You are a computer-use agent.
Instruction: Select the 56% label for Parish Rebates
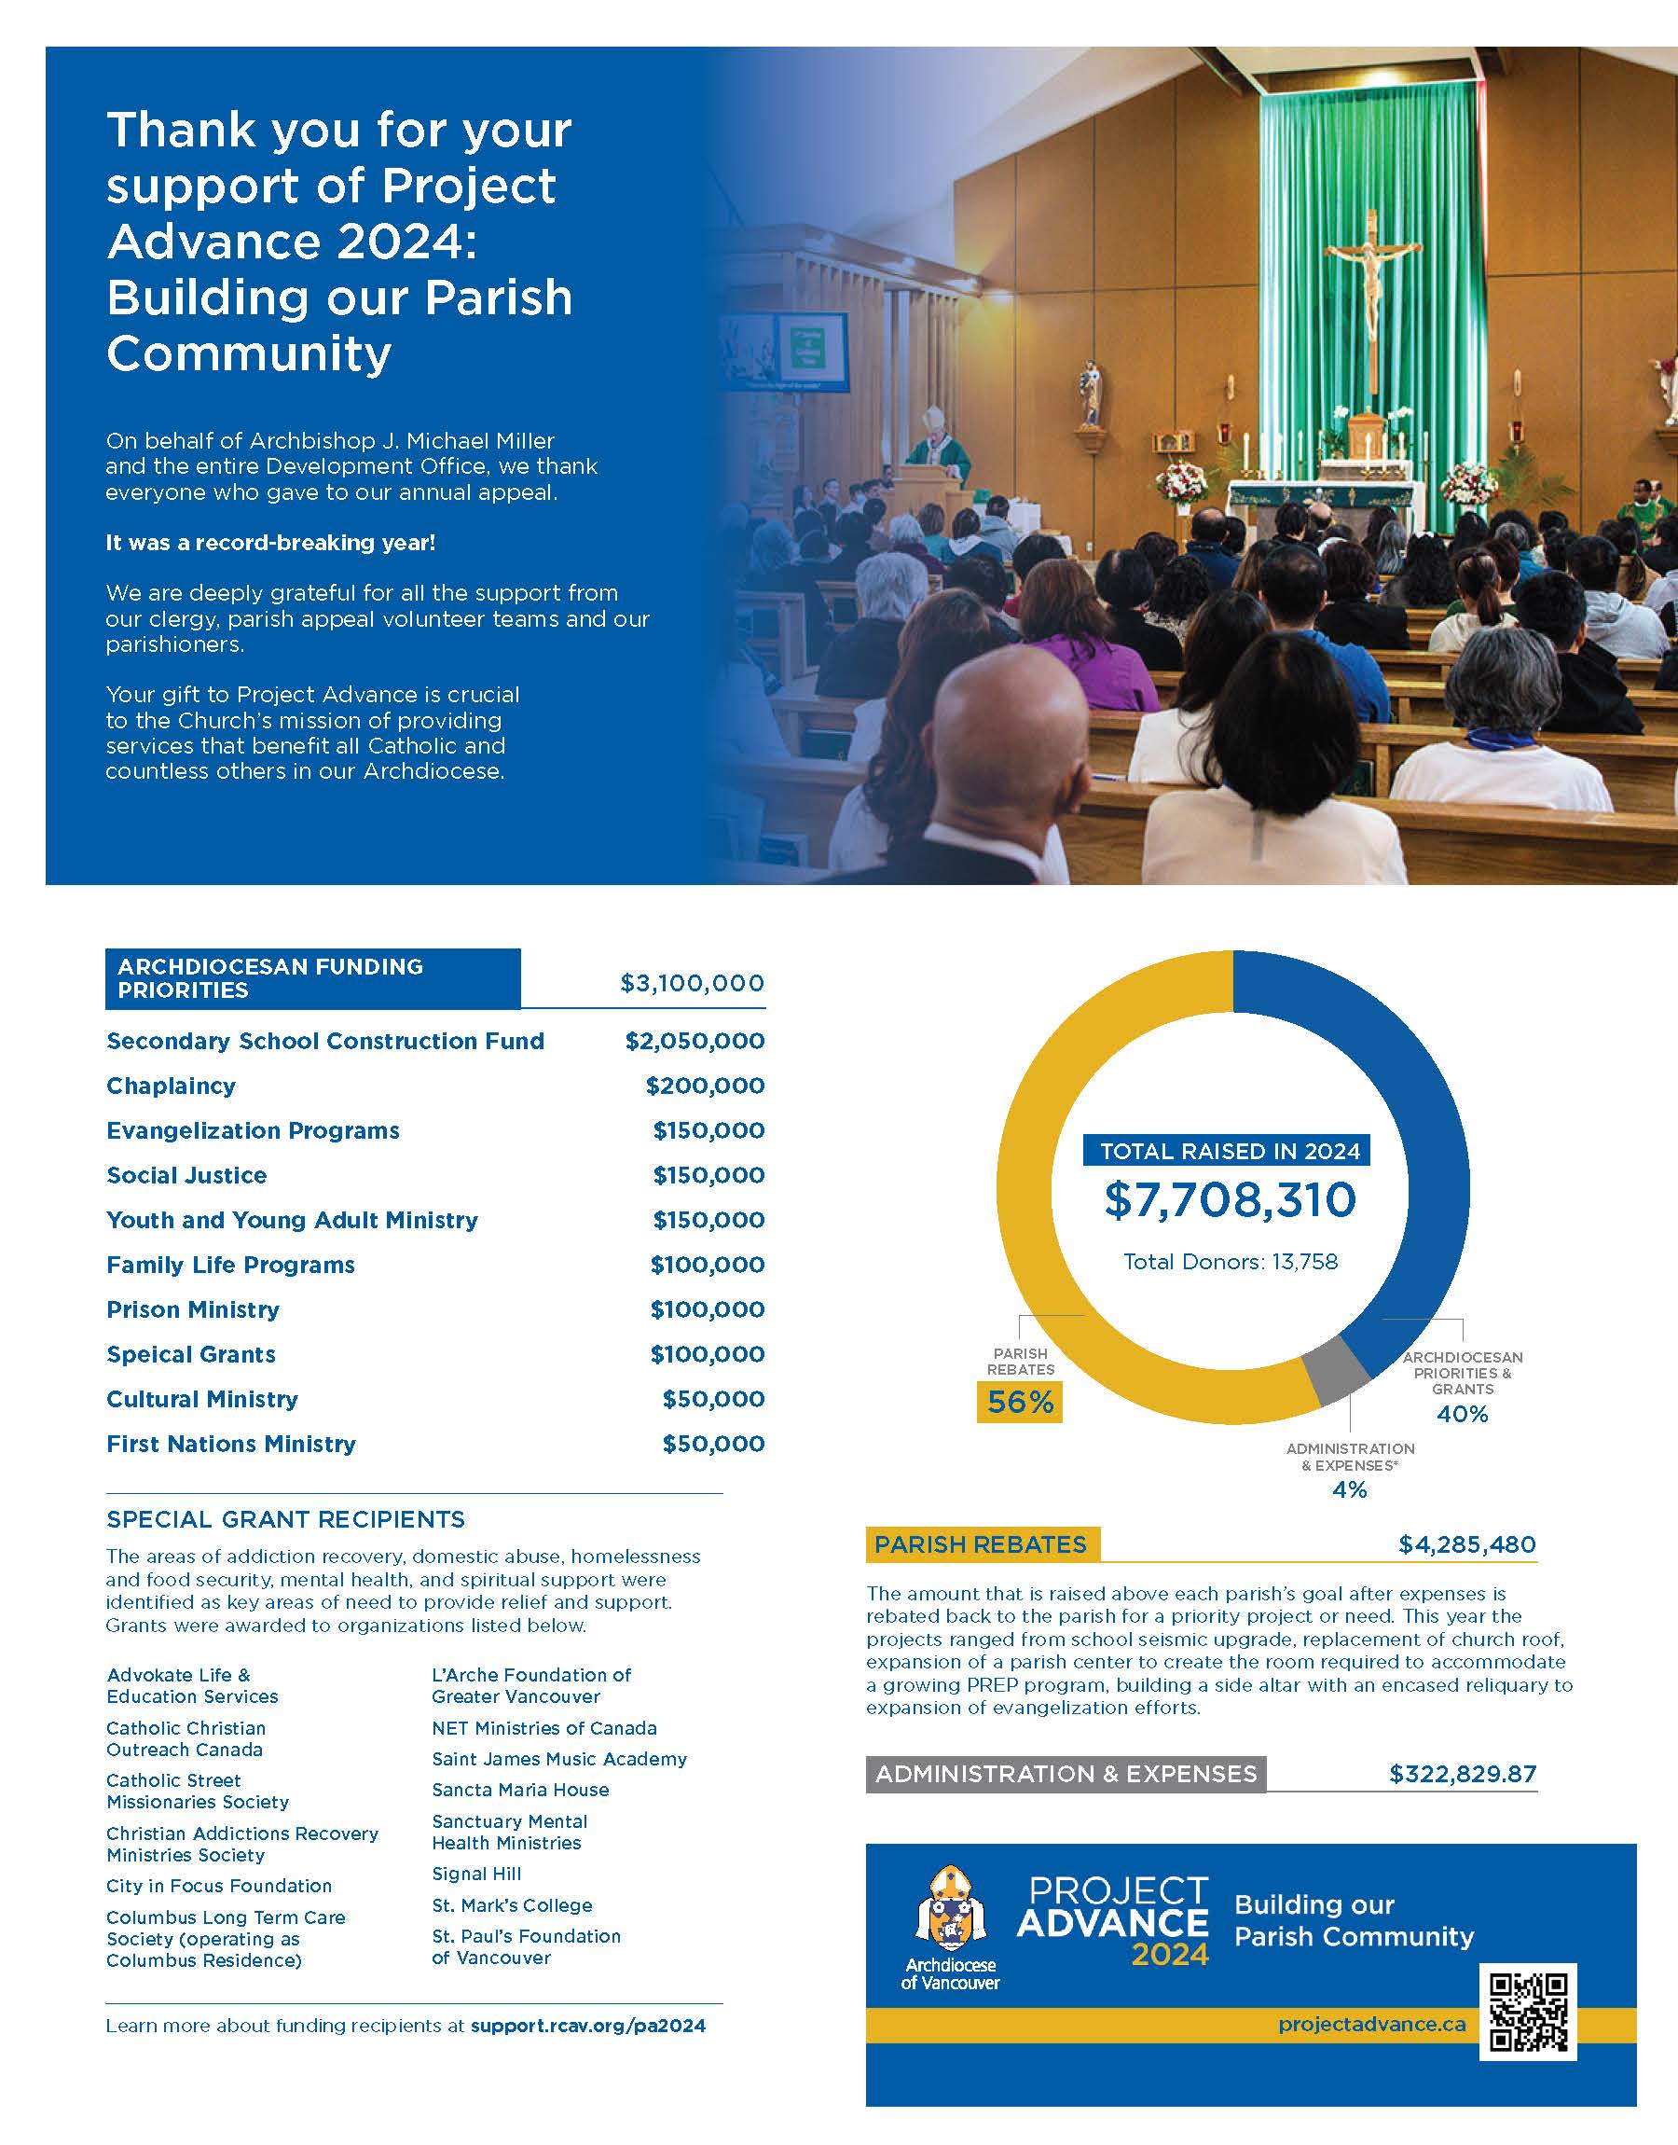tap(1020, 1401)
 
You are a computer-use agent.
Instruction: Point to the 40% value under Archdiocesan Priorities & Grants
tap(1462, 1414)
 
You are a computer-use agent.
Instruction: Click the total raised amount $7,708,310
tap(1230, 1199)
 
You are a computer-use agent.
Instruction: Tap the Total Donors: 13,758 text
tap(1230, 1262)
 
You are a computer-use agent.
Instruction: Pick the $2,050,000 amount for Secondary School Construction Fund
tap(695, 1041)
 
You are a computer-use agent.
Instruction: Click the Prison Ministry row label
tap(193, 1309)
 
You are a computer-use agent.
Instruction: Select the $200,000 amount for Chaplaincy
tap(705, 1086)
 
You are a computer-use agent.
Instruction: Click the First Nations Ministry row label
tap(231, 1444)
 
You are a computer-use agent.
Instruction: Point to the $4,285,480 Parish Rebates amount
tap(1466, 1544)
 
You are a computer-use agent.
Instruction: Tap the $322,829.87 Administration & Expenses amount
tap(1462, 1774)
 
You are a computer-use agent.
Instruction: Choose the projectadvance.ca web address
tap(1371, 2024)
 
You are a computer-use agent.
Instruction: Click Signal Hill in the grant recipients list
tap(476, 1874)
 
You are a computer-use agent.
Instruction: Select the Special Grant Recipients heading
tap(286, 1519)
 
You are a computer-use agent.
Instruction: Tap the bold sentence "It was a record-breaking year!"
tap(270, 543)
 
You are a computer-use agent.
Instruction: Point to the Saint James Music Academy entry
tap(559, 1759)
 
